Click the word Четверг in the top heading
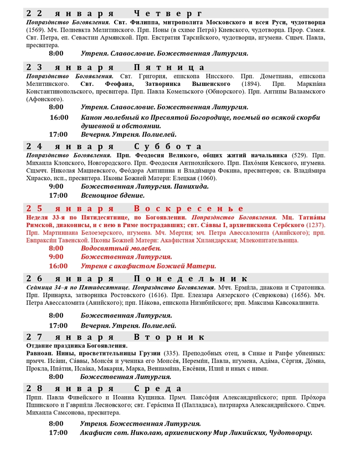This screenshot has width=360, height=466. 169,13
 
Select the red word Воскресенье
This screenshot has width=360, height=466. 188,208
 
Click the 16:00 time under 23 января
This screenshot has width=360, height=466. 59,117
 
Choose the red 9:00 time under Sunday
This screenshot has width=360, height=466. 56,257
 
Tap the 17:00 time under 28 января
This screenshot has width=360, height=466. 59,432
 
